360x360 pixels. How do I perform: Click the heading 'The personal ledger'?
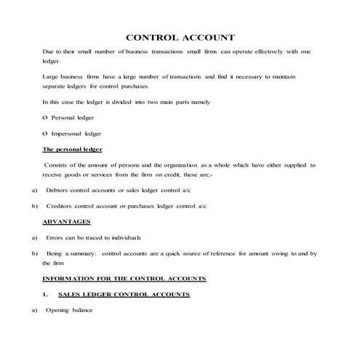pyautogui.click(x=72, y=149)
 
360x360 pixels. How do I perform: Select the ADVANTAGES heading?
pyautogui.click(x=66, y=221)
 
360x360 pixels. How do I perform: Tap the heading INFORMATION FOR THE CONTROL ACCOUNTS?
pyautogui.click(x=124, y=279)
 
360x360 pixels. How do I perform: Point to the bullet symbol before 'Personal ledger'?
pyautogui.click(x=46, y=117)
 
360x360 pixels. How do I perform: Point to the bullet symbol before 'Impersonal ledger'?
pyautogui.click(x=46, y=133)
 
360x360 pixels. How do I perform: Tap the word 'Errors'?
pyautogui.click(x=55, y=238)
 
